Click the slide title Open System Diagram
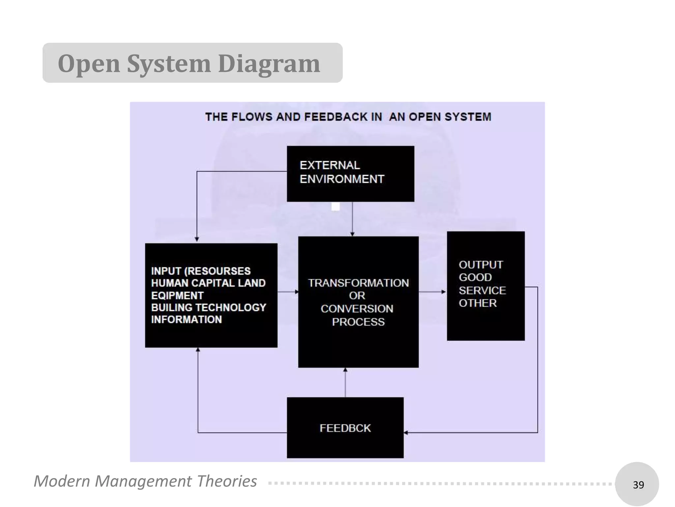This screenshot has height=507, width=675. click(189, 63)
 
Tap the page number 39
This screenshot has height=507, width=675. click(638, 485)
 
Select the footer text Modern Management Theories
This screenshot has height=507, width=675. click(145, 481)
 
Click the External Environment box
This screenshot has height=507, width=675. click(350, 174)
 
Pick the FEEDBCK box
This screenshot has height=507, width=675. click(345, 428)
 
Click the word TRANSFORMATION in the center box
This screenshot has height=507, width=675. click(358, 283)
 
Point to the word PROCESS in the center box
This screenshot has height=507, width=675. click(358, 322)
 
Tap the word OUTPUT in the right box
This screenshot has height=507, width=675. click(481, 265)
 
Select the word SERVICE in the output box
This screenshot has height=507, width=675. click(482, 290)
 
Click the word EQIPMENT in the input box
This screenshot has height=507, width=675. click(177, 295)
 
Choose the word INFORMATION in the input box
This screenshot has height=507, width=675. click(187, 320)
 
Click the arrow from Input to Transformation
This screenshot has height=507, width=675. click(288, 292)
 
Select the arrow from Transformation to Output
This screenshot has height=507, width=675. click(432, 292)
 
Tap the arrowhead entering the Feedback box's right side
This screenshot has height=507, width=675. click(406, 432)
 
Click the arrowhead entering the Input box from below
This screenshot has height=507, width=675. click(198, 350)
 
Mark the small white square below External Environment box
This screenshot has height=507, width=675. click(335, 207)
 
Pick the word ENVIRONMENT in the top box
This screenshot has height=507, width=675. click(342, 179)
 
